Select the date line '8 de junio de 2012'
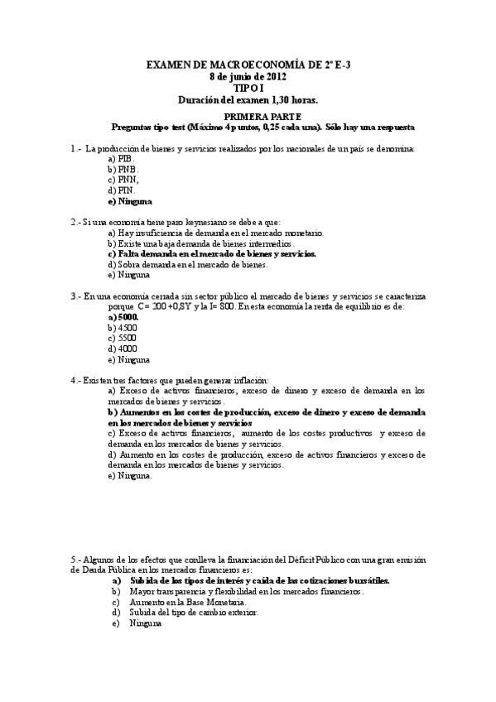pyautogui.click(x=248, y=75)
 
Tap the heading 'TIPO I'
pyautogui.click(x=248, y=87)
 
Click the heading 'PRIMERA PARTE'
pyautogui.click(x=248, y=117)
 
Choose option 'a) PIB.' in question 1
pyautogui.click(x=121, y=157)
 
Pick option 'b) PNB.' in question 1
pyautogui.click(x=122, y=168)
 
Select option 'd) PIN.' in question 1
pyautogui.click(x=121, y=190)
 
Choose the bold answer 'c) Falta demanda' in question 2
pyautogui.click(x=212, y=254)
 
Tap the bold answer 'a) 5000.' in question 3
pyautogui.click(x=123, y=317)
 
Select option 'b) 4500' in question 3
pyautogui.click(x=123, y=328)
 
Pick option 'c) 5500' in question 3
pyautogui.click(x=123, y=339)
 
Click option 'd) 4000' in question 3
pyautogui.click(x=123, y=349)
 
